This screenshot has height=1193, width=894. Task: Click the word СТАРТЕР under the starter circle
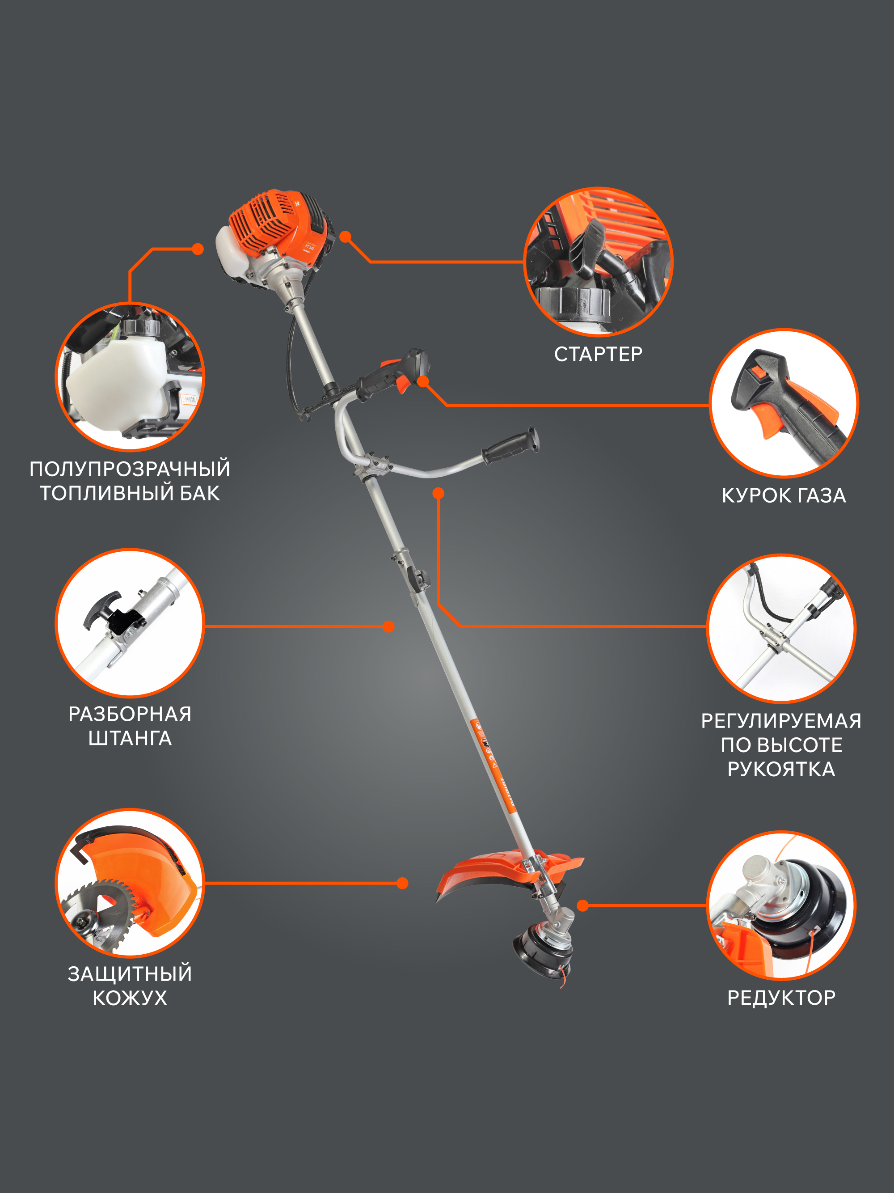coord(598,354)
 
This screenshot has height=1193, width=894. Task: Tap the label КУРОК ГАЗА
coord(784,495)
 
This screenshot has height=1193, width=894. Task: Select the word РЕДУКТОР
coord(781,998)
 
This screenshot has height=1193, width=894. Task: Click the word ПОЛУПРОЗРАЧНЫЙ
coord(130,469)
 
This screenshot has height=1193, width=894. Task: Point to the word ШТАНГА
coord(130,738)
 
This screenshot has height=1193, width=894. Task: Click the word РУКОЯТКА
coord(781,769)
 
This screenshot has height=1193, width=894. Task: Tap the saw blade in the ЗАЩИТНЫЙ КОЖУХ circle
coord(100,911)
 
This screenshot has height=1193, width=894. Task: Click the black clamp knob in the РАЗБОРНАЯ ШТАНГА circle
coord(102,609)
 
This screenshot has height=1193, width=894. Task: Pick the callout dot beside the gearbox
coord(582,905)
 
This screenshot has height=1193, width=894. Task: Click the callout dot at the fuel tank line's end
coord(198,249)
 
